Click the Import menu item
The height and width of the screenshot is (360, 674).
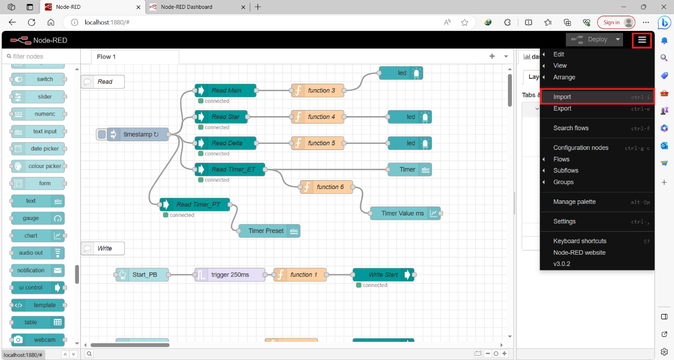coord(562,97)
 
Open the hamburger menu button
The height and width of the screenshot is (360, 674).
coord(642,40)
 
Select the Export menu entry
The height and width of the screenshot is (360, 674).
coord(562,109)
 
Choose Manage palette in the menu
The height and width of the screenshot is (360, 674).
coord(575,202)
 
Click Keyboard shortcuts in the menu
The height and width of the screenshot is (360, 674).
coord(579,241)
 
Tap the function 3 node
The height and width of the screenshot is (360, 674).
coord(318,91)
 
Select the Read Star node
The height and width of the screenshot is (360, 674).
coord(225,117)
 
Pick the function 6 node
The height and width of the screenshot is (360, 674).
coord(327,187)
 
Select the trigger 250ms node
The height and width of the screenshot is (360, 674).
coord(230,275)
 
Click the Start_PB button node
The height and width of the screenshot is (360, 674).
coord(143,275)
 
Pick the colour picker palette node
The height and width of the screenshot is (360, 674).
coord(38,166)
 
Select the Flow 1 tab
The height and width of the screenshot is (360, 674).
coord(106,57)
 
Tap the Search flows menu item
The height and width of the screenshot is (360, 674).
coord(571,128)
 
